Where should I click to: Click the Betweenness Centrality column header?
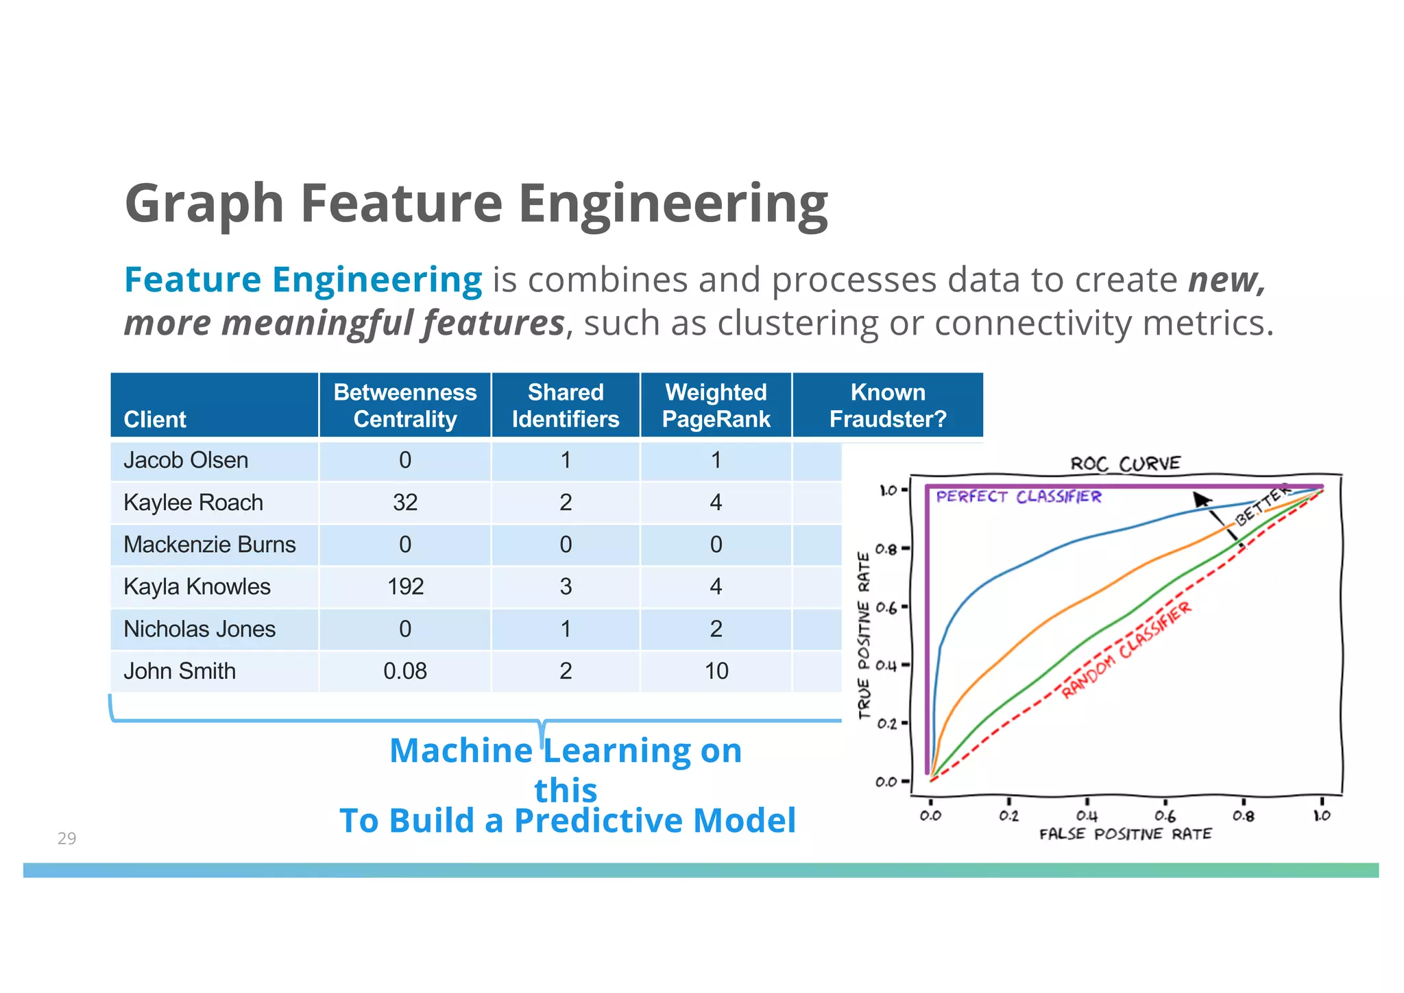404,405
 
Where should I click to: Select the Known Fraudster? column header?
888,405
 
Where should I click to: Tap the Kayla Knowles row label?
197,587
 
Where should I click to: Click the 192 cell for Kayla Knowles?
405,587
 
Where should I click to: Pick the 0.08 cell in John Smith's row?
405,671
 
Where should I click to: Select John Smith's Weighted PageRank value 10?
716,671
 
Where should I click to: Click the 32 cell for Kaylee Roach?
405,503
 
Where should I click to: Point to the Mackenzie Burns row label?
209,545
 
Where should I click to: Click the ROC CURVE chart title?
1125,464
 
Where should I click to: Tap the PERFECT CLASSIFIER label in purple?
1018,496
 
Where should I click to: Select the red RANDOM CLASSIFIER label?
1126,650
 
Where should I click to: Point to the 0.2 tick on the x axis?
1008,816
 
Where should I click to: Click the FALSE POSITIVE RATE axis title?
1125,835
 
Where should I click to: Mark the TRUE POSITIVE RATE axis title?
864,635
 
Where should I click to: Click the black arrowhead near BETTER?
1200,499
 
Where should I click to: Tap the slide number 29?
66,838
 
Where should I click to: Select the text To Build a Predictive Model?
568,821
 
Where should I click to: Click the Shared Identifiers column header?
566,405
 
